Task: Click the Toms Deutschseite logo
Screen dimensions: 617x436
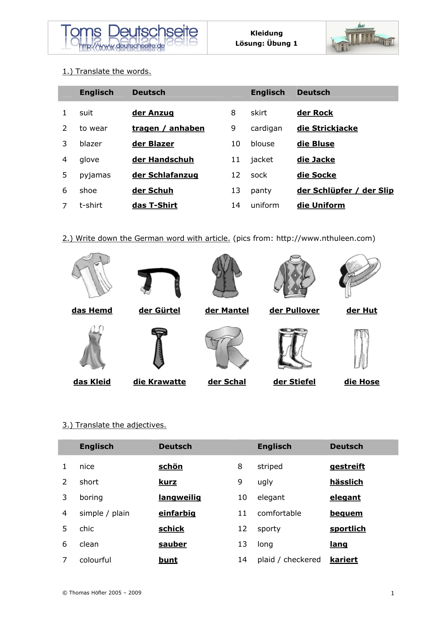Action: point(129,37)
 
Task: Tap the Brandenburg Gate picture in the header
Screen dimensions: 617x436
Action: point(362,38)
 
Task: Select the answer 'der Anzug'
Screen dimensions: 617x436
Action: point(153,113)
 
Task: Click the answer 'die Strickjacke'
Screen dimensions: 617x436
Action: point(327,128)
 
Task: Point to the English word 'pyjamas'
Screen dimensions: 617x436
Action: point(95,175)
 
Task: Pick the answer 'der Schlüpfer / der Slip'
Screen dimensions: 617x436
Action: point(345,191)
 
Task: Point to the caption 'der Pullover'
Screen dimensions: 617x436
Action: point(294,310)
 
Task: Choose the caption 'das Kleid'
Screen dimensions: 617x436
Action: point(92,382)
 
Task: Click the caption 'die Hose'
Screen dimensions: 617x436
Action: point(361,382)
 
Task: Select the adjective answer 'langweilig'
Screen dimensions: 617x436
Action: point(180,497)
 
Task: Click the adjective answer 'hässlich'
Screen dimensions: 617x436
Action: point(346,482)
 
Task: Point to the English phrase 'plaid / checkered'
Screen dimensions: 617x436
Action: point(289,560)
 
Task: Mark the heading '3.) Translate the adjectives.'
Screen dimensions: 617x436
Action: point(114,425)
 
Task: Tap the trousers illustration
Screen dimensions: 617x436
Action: point(361,348)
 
